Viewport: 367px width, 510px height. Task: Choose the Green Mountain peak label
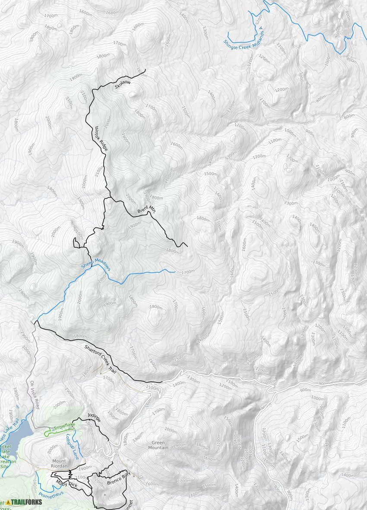pos(159,445)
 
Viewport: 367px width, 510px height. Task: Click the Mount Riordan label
pos(60,463)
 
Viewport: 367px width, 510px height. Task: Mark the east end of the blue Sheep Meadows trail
pos(174,272)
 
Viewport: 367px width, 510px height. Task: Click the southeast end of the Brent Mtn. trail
pos(187,246)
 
